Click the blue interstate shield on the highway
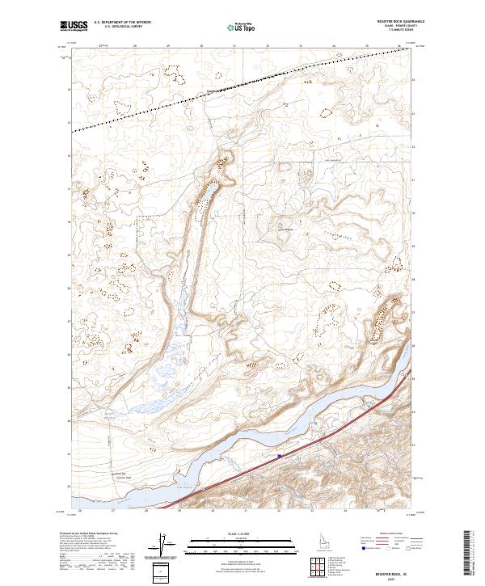pos(279,456)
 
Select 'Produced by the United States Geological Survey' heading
pos(89,533)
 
